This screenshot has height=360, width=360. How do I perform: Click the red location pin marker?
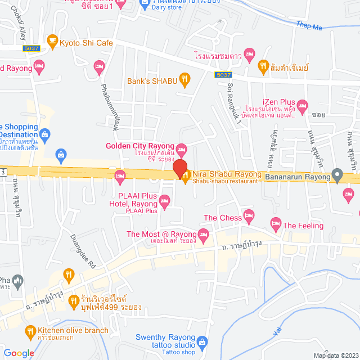click(x=179, y=168)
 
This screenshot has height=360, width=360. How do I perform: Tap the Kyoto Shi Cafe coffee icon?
click(x=52, y=41)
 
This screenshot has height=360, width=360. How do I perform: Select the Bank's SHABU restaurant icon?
click(x=183, y=79)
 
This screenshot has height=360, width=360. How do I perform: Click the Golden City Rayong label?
click(x=141, y=146)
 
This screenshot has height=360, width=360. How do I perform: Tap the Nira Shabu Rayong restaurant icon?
click(x=186, y=175)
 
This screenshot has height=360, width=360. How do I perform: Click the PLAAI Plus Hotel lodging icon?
click(x=164, y=199)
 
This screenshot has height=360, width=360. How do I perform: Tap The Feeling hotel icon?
click(x=275, y=223)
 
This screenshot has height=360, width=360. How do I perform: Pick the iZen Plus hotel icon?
click(x=303, y=105)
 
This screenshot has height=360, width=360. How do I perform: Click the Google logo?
click(x=19, y=353)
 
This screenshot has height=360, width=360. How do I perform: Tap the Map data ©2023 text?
click(x=335, y=355)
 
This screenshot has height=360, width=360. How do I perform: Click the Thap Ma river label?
click(x=310, y=25)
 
